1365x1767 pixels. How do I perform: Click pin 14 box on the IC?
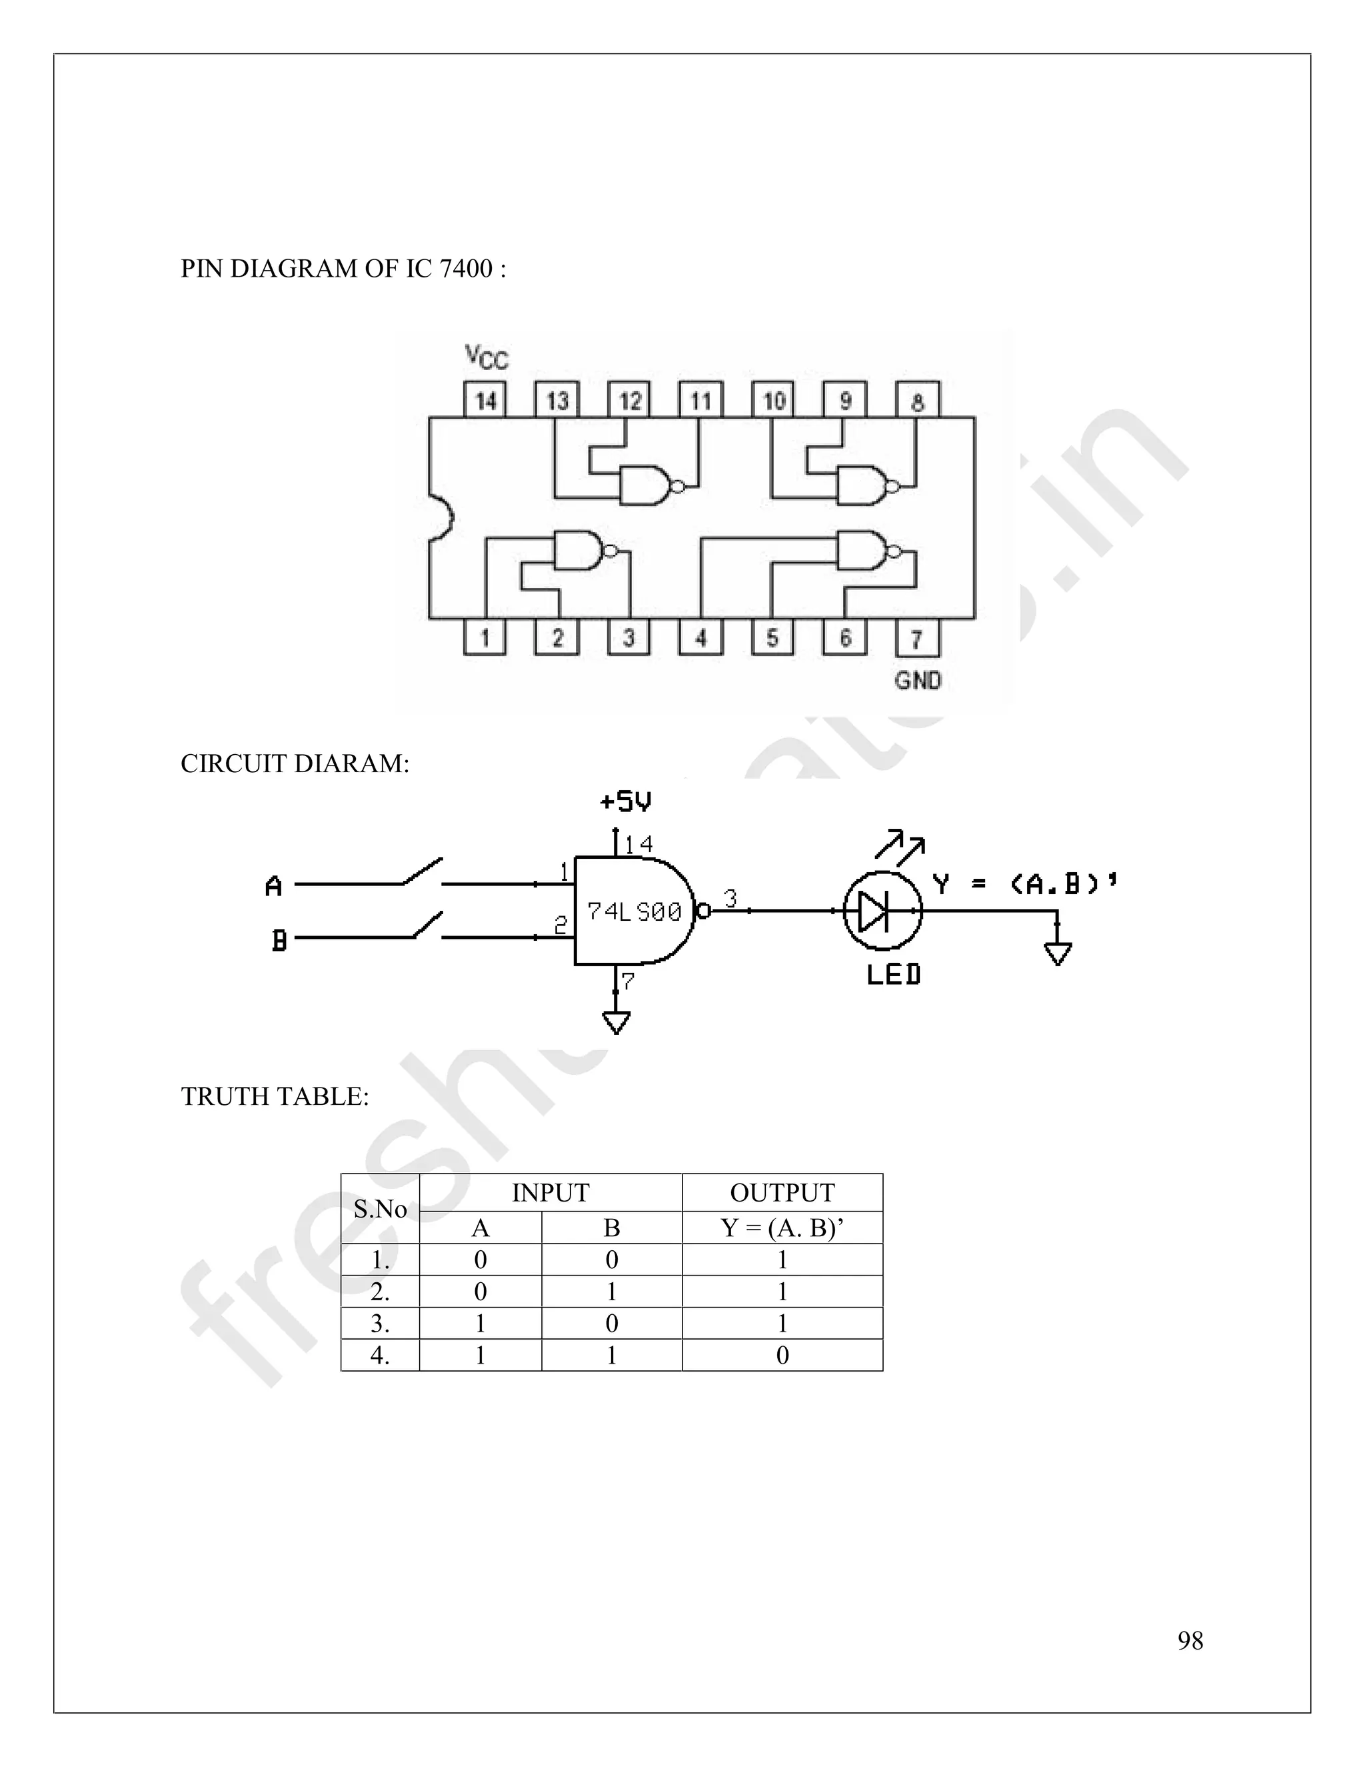(485, 399)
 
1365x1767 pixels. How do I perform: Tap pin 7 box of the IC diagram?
(917, 638)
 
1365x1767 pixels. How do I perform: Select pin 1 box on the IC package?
(485, 638)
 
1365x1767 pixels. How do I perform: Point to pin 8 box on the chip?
(917, 399)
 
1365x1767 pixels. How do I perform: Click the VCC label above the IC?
(487, 356)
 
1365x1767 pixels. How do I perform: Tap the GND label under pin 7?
(918, 680)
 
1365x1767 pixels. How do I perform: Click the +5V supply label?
(626, 801)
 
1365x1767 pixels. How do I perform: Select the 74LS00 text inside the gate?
(634, 912)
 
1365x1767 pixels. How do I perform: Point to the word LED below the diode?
(894, 975)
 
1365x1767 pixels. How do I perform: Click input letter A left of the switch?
(274, 887)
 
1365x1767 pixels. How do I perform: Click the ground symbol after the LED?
(1057, 952)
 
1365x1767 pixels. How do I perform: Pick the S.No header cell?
(380, 1209)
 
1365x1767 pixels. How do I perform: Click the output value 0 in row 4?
(782, 1355)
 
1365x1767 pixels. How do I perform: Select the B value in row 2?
(611, 1292)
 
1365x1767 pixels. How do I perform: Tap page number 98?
(1190, 1640)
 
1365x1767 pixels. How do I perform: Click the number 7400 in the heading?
(466, 269)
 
